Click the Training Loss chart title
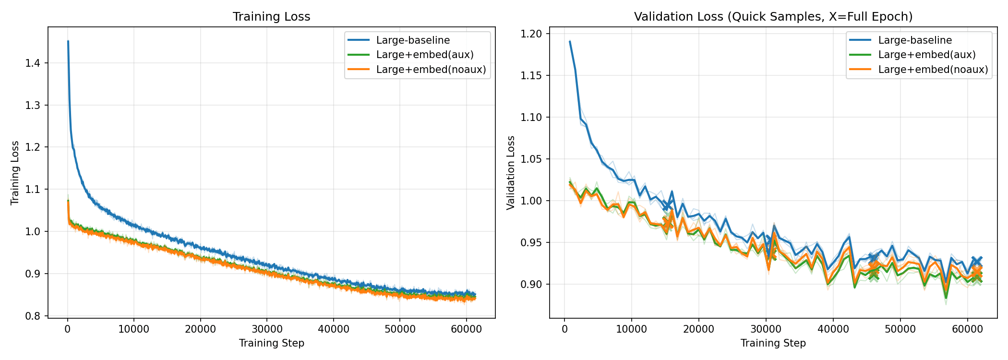click(x=271, y=17)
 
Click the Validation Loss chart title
click(x=773, y=17)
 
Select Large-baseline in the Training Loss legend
click(x=413, y=40)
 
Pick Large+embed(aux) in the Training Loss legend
click(x=425, y=55)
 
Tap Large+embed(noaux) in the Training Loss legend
click(x=431, y=70)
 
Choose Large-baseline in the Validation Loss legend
click(x=915, y=40)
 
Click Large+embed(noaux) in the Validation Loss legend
click(x=933, y=70)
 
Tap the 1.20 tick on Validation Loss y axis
click(x=531, y=34)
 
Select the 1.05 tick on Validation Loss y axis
click(x=531, y=159)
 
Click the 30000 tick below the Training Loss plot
click(x=267, y=329)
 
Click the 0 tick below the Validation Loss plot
click(x=564, y=329)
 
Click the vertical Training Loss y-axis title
click(x=15, y=173)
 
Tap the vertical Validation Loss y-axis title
click(x=511, y=173)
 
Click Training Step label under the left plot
click(x=271, y=343)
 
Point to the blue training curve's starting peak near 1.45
click(x=68, y=42)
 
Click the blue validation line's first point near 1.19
click(x=570, y=42)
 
